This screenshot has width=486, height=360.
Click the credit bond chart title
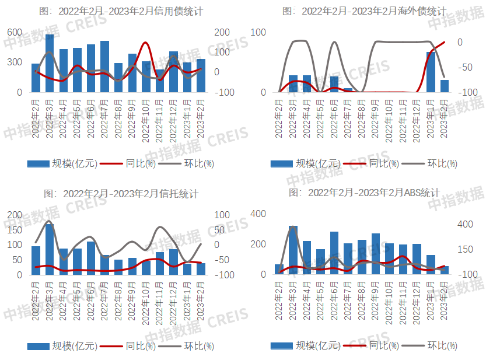(x=121, y=11)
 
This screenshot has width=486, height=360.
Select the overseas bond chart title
(x=364, y=11)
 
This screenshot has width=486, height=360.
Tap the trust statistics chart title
(x=121, y=193)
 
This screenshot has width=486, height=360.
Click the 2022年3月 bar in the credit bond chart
(x=50, y=63)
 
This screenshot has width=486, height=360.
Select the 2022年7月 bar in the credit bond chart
(x=104, y=67)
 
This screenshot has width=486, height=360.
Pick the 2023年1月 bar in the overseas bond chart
(x=431, y=72)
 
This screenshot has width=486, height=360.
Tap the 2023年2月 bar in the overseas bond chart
(x=445, y=86)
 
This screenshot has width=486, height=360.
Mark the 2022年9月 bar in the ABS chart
(x=376, y=254)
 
